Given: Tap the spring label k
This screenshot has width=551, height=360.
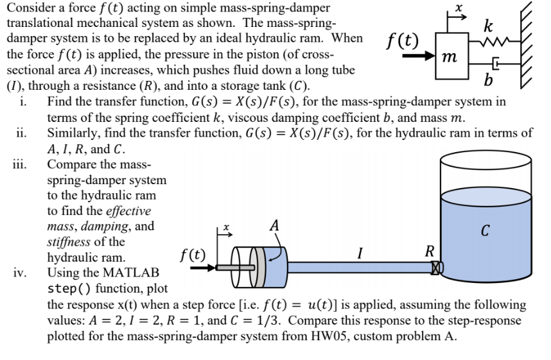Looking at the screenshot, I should coord(489,27).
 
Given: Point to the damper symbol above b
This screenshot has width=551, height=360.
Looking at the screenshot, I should coord(494,65).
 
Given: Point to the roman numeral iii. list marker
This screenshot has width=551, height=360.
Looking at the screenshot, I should coord(20,162).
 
